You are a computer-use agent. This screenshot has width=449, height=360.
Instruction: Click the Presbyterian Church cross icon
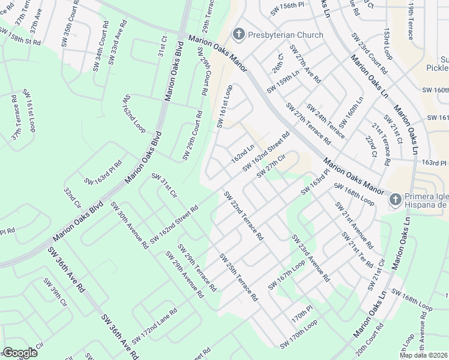coord(238,34)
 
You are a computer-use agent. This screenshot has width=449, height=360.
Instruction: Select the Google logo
coord(20,353)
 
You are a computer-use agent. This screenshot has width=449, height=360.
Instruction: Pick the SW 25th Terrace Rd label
coord(238,277)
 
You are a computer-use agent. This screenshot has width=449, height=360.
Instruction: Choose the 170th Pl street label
coord(303,313)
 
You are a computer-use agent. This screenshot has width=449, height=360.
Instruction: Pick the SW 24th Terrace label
coord(325,121)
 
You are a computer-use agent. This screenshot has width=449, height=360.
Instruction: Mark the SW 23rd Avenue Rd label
coord(310,258)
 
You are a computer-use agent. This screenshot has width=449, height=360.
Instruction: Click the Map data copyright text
coord(424,355)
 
